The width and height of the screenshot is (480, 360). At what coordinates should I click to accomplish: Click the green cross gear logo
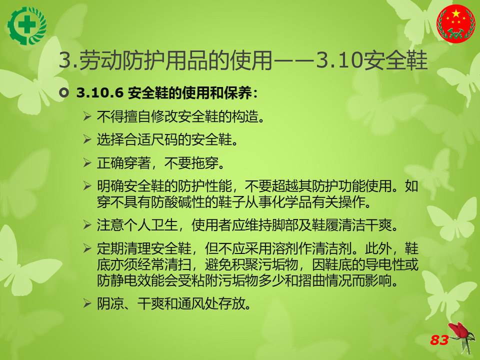coord(27,25)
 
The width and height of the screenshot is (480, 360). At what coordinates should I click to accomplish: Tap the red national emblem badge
coord(455,24)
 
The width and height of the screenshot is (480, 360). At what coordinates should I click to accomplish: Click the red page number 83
coord(439,340)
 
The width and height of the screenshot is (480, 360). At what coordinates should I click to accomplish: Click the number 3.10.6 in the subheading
coord(100,93)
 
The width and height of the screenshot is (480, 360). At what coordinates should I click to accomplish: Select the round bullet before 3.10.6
coord(63,92)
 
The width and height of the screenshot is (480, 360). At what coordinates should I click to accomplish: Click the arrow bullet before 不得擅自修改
coord(87,116)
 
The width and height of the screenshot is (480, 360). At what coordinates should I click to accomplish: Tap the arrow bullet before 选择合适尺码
coord(87,139)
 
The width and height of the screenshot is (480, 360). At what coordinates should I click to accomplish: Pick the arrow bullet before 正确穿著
coord(87,163)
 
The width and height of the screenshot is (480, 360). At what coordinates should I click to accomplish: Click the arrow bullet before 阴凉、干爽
coord(87,303)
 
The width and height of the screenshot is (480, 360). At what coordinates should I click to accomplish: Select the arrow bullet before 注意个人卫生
coord(87,225)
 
